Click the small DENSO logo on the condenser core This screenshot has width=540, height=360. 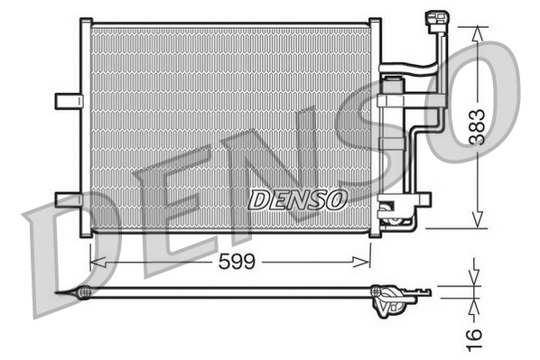[x=298, y=198]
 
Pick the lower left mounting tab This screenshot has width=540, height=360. [x=68, y=198]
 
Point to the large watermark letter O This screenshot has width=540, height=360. [x=479, y=99]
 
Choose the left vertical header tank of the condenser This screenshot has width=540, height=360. [x=85, y=126]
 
